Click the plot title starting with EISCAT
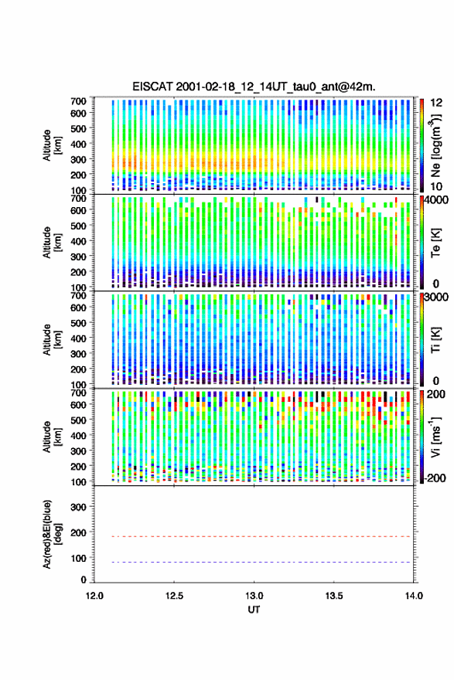(254, 87)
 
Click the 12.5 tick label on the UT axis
(174, 596)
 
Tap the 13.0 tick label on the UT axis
(254, 596)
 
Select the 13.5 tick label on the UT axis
(334, 596)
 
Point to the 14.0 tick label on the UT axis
(414, 596)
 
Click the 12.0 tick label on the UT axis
(94, 596)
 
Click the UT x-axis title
(254, 610)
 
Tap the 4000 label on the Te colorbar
(437, 200)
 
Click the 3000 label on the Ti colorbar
(437, 297)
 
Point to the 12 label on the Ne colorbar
(436, 103)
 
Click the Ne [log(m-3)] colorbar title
(435, 146)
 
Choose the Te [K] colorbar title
(435, 243)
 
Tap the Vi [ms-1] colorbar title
(435, 437)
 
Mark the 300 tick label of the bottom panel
(79, 507)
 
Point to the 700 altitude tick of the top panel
(79, 101)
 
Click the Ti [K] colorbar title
(435, 339)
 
